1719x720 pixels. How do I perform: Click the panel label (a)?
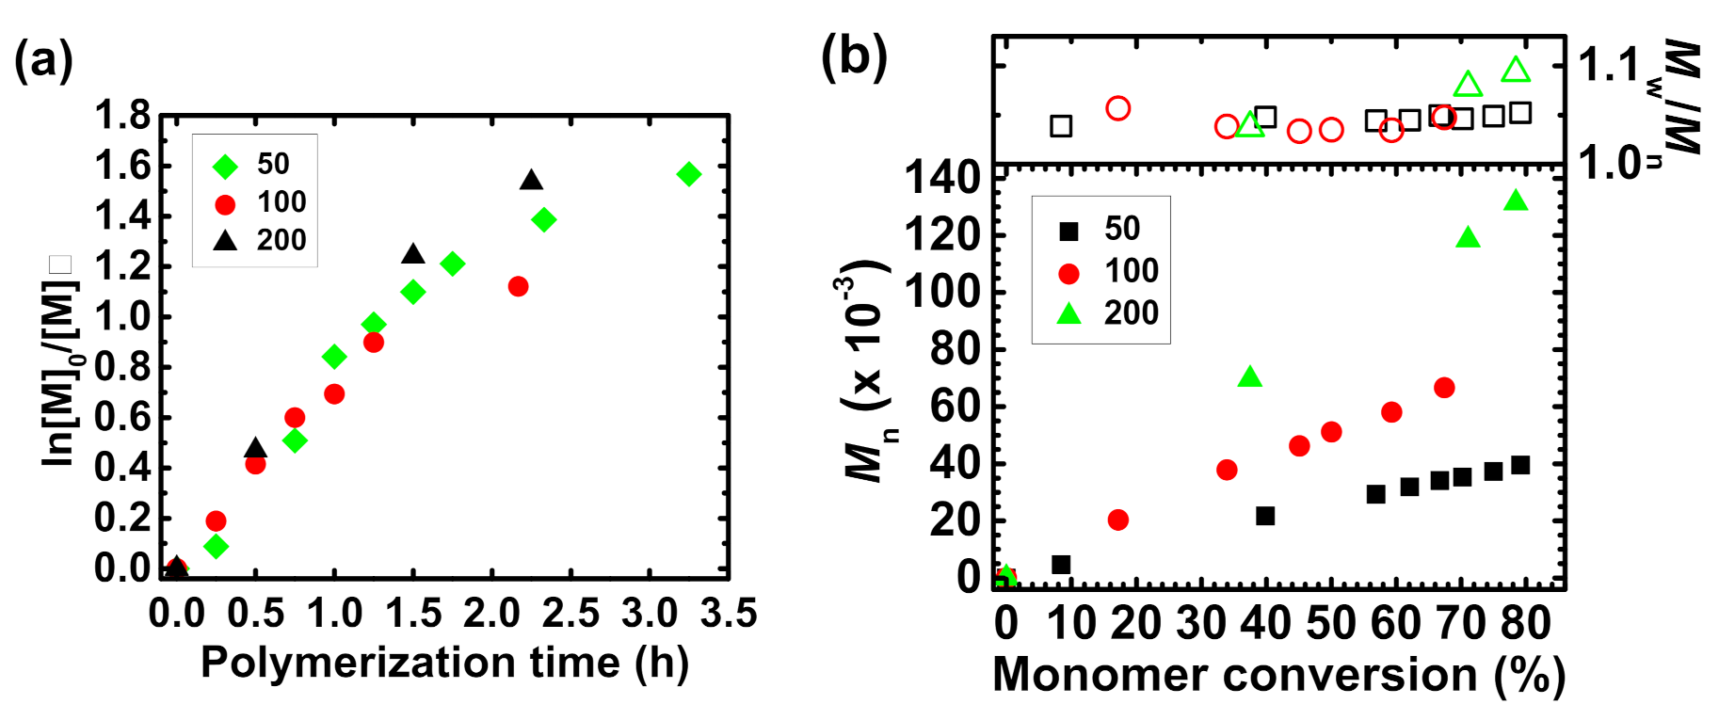pyautogui.click(x=43, y=61)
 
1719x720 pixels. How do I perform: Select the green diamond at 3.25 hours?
pyautogui.click(x=688, y=174)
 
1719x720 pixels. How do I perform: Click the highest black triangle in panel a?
pyautogui.click(x=531, y=180)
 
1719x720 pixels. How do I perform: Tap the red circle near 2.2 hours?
pyautogui.click(x=518, y=286)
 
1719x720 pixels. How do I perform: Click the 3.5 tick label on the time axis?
pyautogui.click(x=729, y=614)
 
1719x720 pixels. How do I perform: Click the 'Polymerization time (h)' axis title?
pyautogui.click(x=444, y=664)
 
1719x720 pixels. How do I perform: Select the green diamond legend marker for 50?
pyautogui.click(x=225, y=167)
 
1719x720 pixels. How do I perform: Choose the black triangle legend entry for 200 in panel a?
pyautogui.click(x=225, y=241)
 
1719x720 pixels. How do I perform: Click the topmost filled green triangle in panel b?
pyautogui.click(x=1515, y=200)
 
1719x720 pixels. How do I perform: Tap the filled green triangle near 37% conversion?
pyautogui.click(x=1249, y=377)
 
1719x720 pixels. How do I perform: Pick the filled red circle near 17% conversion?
pyautogui.click(x=1117, y=520)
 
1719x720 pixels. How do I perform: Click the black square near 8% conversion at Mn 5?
pyautogui.click(x=1061, y=565)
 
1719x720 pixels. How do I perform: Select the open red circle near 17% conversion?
pyautogui.click(x=1117, y=108)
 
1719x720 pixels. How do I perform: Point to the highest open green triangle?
pyautogui.click(x=1515, y=70)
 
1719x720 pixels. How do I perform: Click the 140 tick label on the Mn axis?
pyautogui.click(x=942, y=178)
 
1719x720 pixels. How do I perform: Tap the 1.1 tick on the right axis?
pyautogui.click(x=1609, y=65)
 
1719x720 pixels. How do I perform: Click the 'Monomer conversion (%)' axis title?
pyautogui.click(x=1278, y=676)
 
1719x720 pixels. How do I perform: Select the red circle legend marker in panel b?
pyautogui.click(x=1068, y=273)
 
